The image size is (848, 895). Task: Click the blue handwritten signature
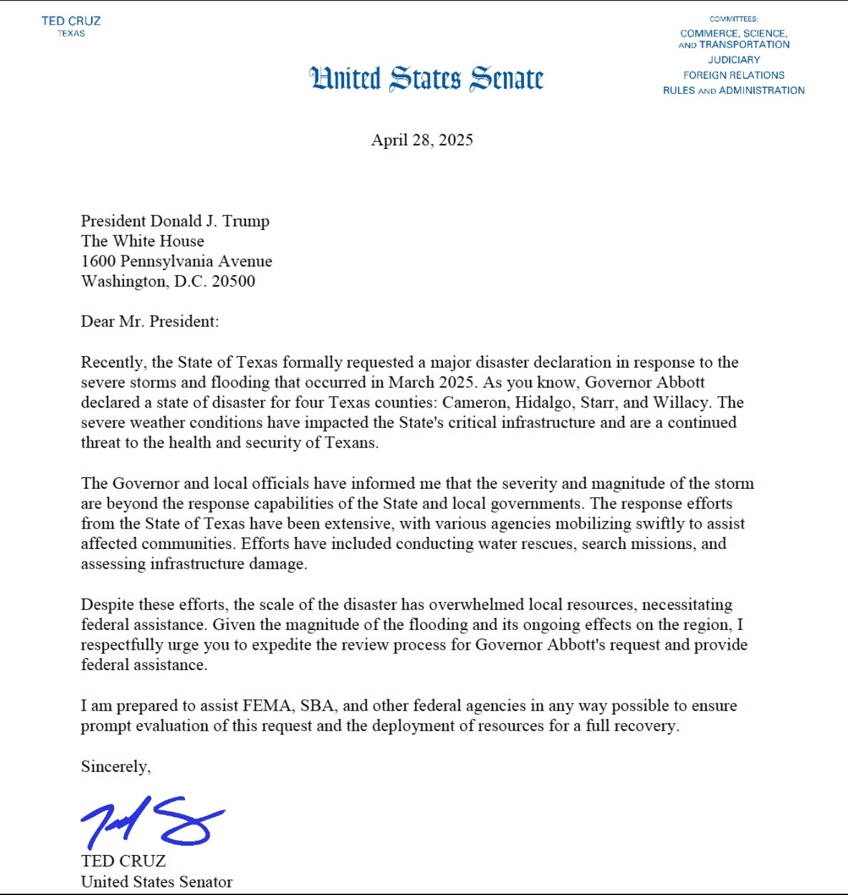152,822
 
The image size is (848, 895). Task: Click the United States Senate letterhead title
426,79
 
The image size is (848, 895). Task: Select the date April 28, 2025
422,140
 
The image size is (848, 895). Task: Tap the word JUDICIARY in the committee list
734,60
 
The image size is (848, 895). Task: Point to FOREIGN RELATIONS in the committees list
734,75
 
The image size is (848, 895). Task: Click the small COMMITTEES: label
734,19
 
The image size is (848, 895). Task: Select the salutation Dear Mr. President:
150,321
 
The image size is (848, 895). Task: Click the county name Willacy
689,402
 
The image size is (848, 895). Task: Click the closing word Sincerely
115,767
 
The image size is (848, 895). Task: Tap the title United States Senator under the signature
157,882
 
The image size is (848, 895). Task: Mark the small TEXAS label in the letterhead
71,34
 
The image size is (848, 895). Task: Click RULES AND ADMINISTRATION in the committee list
734,91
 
